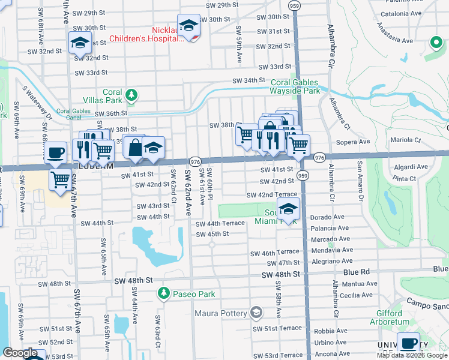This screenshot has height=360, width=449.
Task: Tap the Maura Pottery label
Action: (221, 313)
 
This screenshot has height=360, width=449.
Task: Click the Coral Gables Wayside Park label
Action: (295, 86)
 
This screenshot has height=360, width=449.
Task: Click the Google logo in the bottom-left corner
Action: (20, 353)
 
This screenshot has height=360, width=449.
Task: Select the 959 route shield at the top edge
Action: (294, 5)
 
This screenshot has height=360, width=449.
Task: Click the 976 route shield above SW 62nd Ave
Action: (194, 162)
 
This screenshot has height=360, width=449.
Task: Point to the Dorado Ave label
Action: (328, 217)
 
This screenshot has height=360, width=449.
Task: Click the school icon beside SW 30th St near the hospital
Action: (189, 25)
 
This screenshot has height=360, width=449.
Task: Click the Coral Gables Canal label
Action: (76, 112)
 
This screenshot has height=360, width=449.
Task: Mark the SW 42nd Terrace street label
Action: (272, 195)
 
